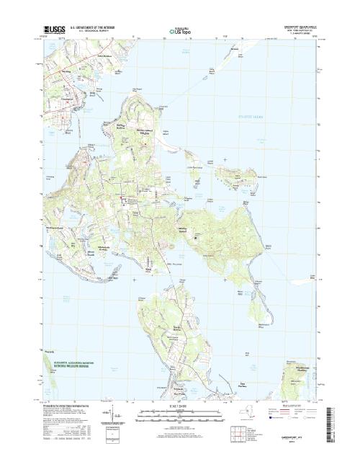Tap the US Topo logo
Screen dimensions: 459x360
(x=179, y=32)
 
